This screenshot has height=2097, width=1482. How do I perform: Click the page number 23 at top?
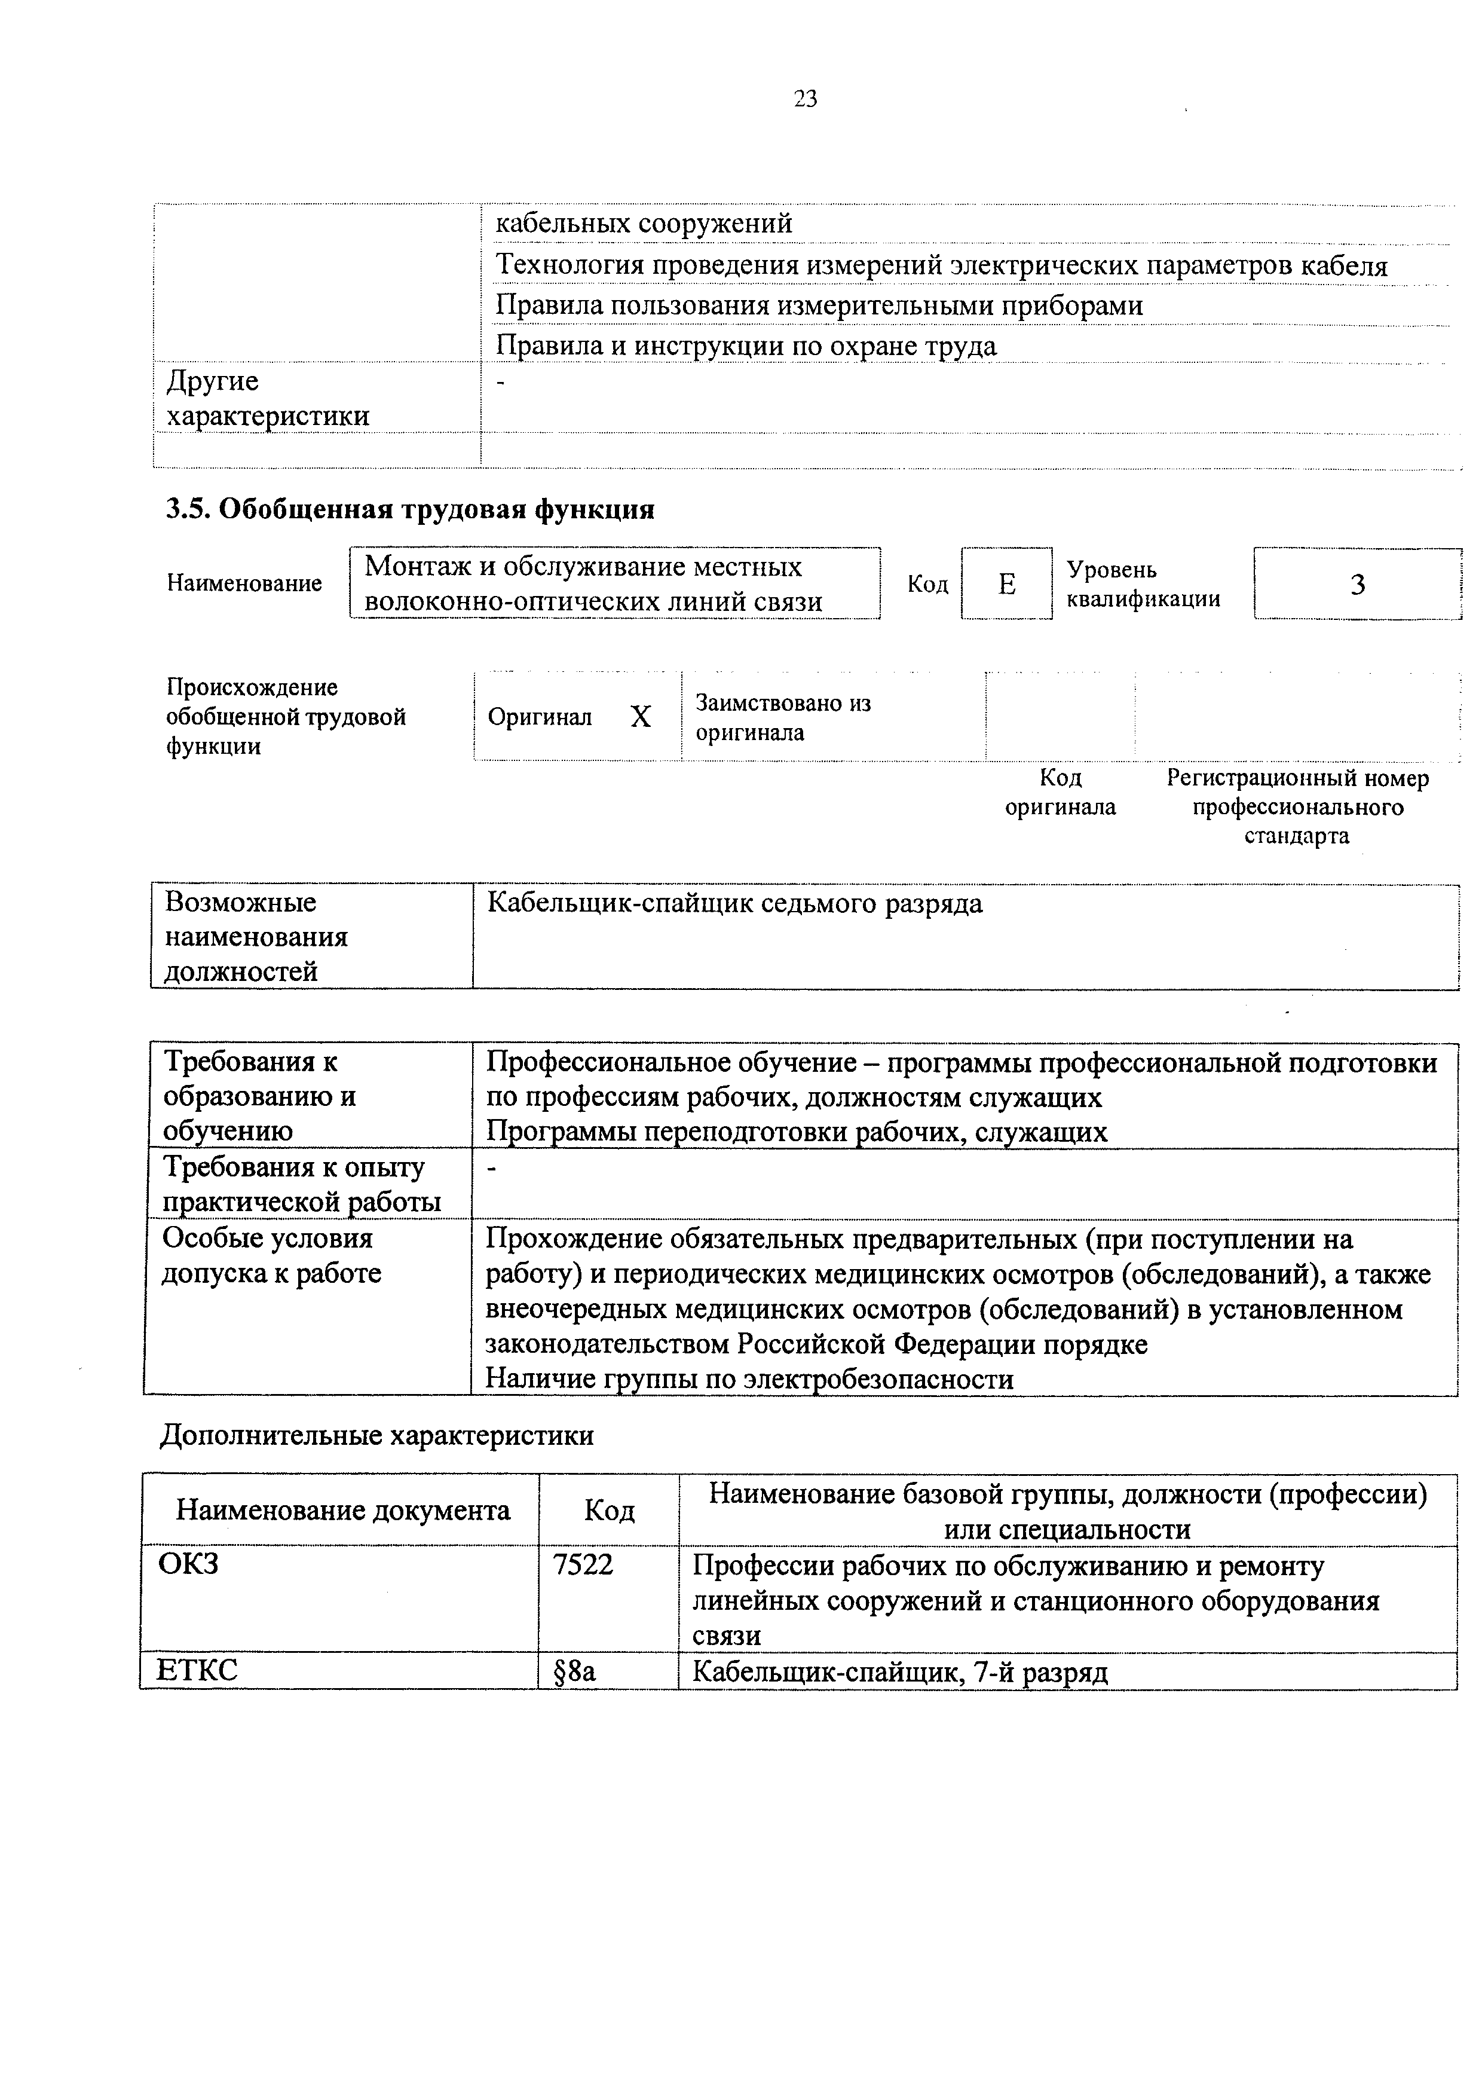[804, 99]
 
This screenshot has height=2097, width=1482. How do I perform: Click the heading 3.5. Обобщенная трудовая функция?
[410, 509]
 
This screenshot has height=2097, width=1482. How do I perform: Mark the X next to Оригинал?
[641, 717]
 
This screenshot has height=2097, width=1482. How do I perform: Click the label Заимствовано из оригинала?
[783, 717]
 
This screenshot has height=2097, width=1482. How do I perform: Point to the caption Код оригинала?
[1060, 792]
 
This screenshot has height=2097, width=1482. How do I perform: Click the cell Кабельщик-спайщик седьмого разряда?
[735, 904]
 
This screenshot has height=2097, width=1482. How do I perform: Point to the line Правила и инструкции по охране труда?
[746, 346]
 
